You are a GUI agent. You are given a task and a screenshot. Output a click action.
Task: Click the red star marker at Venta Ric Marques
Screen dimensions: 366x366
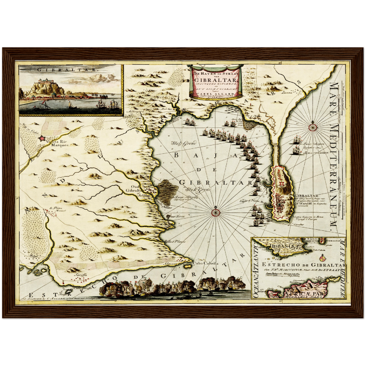42,139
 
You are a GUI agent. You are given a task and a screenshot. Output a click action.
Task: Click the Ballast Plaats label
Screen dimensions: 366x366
175,241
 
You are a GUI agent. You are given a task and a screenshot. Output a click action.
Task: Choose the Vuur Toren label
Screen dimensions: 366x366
178,216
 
